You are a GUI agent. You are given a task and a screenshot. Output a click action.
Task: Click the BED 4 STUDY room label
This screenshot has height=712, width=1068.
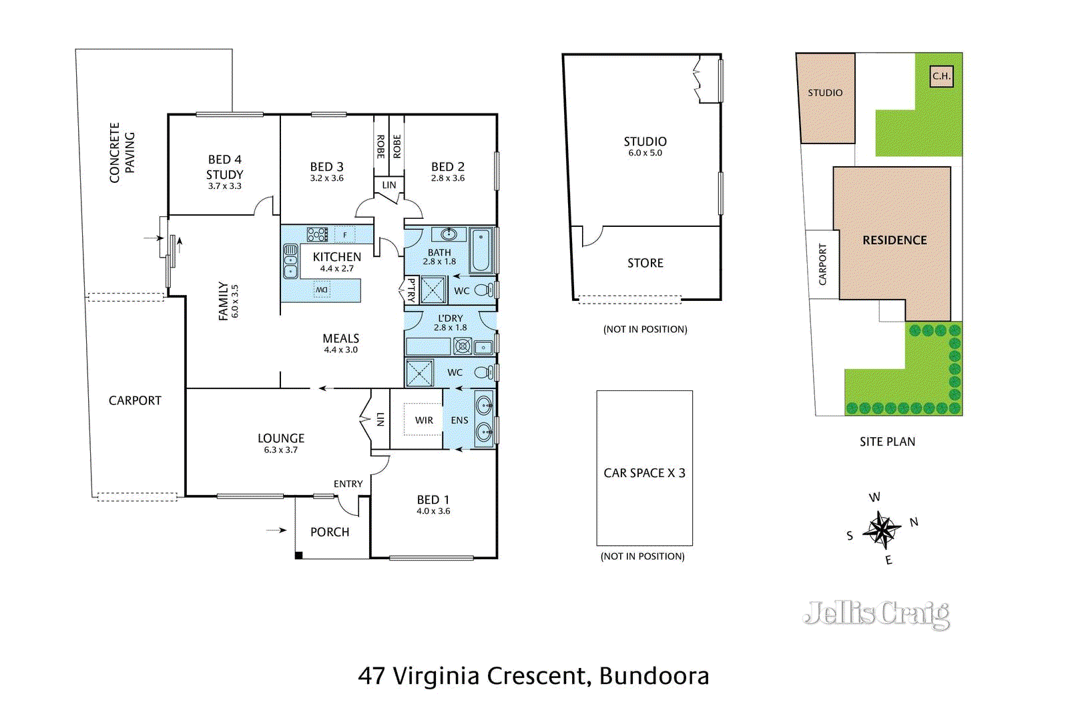coord(224,167)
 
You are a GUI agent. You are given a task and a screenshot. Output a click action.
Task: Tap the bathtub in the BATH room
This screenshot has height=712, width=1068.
coord(481,251)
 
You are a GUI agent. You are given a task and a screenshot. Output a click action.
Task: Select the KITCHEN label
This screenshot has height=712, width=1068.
coord(336,257)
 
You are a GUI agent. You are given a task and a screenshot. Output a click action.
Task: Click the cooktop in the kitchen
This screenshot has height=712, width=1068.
coord(317,234)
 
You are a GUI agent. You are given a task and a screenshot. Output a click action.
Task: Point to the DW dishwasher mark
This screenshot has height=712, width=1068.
coord(322,290)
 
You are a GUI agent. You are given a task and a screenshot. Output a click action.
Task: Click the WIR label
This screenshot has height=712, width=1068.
coord(424,420)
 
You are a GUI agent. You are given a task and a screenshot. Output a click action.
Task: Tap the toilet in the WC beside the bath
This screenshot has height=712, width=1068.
coord(485,290)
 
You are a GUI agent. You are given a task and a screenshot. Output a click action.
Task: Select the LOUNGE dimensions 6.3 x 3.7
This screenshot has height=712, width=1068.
coord(280,450)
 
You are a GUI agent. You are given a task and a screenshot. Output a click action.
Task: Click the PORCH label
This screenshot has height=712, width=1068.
coord(330,532)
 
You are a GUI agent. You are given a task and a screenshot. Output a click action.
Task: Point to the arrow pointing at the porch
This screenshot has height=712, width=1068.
coord(276,530)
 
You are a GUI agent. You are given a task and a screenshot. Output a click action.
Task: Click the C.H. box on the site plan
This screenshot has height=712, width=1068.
coord(941,76)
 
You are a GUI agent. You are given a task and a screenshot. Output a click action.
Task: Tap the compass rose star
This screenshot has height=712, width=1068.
coord(882,530)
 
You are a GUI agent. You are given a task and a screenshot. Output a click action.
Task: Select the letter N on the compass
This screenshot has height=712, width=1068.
coord(914,522)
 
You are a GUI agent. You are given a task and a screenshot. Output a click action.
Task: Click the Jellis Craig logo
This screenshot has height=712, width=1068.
coord(877,614)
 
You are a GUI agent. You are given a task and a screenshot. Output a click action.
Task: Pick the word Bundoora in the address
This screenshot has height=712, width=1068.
coord(654,676)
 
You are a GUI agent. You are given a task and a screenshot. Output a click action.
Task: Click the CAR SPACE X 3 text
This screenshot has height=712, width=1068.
coord(644,473)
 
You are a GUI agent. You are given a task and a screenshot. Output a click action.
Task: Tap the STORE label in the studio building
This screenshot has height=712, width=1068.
coord(645,264)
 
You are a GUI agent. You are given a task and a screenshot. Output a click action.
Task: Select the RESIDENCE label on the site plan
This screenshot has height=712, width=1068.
coord(894,240)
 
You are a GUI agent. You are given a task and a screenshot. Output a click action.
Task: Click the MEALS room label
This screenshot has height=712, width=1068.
coord(340,339)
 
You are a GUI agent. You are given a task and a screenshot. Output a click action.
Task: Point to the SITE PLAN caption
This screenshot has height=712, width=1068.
coord(887,442)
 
